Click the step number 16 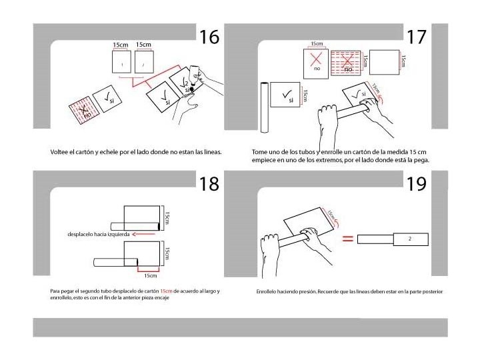tap(209, 37)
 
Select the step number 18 tap(209, 183)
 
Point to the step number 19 tap(416, 183)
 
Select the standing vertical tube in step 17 tap(265, 107)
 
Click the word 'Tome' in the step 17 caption tap(259, 151)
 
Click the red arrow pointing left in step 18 tap(144, 234)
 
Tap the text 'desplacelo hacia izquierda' tap(98, 234)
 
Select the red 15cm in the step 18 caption tap(166, 291)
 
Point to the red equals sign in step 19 tap(347, 238)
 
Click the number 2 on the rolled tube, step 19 tap(409, 238)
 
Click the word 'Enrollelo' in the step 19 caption tap(267, 291)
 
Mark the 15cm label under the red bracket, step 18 tap(150, 275)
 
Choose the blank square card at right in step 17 tap(383, 63)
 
